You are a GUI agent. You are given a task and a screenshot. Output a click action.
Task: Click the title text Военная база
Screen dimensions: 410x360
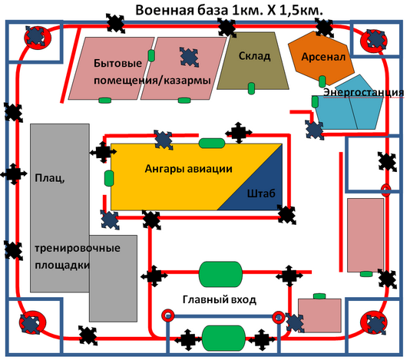pyautogui.click(x=182, y=11)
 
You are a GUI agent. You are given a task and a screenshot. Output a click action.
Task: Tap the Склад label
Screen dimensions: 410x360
pyautogui.click(x=254, y=56)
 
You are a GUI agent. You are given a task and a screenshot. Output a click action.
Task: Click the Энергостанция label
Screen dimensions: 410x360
pyautogui.click(x=363, y=92)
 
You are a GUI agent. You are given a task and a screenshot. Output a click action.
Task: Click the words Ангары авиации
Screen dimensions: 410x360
pyautogui.click(x=189, y=169)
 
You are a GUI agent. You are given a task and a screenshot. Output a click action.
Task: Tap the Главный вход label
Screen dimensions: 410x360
pyautogui.click(x=219, y=299)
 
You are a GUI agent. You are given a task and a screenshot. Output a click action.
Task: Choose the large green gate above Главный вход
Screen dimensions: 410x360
pyautogui.click(x=220, y=274)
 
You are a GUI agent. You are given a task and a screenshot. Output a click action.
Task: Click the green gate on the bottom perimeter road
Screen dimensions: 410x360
pyautogui.click(x=223, y=338)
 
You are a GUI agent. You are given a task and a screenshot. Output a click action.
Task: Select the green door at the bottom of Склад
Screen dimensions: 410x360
pyautogui.click(x=251, y=88)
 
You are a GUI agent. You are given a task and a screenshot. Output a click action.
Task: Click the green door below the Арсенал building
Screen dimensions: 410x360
pyautogui.click(x=322, y=81)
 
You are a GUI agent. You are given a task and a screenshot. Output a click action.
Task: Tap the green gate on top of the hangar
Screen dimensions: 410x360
pyautogui.click(x=212, y=144)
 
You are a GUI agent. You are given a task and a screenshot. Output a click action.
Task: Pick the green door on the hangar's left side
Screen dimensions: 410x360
pyautogui.click(x=109, y=178)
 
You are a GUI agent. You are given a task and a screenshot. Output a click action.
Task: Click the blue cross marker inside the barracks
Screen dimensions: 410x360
pyautogui.click(x=190, y=58)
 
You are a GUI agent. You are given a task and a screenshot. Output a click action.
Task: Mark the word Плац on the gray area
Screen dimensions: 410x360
pyautogui.click(x=50, y=178)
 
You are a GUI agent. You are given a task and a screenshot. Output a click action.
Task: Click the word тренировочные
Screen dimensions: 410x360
pyautogui.click(x=78, y=248)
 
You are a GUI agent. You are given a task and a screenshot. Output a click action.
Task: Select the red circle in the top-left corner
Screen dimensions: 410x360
pyautogui.click(x=38, y=38)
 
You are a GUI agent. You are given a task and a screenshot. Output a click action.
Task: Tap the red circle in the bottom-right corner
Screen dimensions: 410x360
pyautogui.click(x=374, y=322)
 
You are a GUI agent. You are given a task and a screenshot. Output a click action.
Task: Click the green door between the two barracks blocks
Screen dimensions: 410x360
pyautogui.click(x=151, y=55)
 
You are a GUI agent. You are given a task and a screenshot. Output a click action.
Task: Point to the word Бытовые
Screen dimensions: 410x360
pyautogui.click(x=117, y=63)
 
